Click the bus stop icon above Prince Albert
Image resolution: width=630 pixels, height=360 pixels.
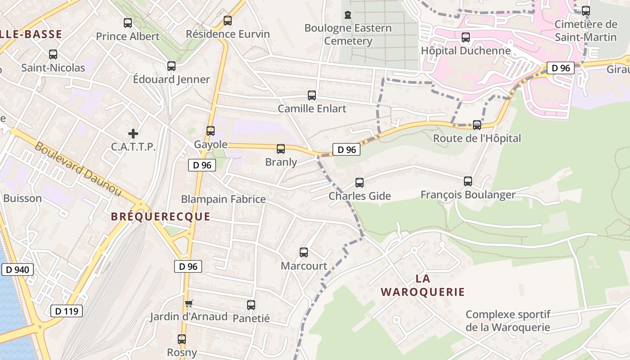pyautogui.click(x=128, y=23)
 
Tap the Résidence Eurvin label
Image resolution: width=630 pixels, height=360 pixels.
pyautogui.click(x=228, y=34)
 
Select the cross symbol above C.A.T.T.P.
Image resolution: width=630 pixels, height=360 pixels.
pyautogui.click(x=133, y=134)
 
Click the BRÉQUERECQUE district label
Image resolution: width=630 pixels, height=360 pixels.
pyautogui.click(x=161, y=216)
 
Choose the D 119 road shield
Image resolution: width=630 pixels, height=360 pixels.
pyautogui.click(x=67, y=310)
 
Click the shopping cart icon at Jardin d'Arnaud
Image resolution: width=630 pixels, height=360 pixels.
pyautogui.click(x=189, y=304)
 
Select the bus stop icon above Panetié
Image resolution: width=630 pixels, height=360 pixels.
pyautogui.click(x=251, y=305)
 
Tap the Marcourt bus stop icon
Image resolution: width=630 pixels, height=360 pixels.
pyautogui.click(x=304, y=252)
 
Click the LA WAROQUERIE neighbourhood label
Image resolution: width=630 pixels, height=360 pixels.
pyautogui.click(x=423, y=285)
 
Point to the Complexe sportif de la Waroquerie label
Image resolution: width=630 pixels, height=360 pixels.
pyautogui.click(x=508, y=320)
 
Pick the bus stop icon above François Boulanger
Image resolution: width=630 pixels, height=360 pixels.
pyautogui.click(x=468, y=181)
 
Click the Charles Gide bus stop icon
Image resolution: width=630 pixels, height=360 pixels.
pyautogui.click(x=359, y=183)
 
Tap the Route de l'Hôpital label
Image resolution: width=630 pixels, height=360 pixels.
pyautogui.click(x=477, y=138)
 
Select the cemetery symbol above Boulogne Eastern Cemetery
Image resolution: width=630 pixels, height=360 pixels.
pyautogui.click(x=348, y=15)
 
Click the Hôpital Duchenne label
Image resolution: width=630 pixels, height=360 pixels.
pyautogui.click(x=466, y=50)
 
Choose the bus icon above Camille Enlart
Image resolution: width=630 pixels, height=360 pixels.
pyautogui.click(x=311, y=95)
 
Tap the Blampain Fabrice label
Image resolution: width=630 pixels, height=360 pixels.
pyautogui.click(x=223, y=199)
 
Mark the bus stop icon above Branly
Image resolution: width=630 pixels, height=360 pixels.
pyautogui.click(x=281, y=149)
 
